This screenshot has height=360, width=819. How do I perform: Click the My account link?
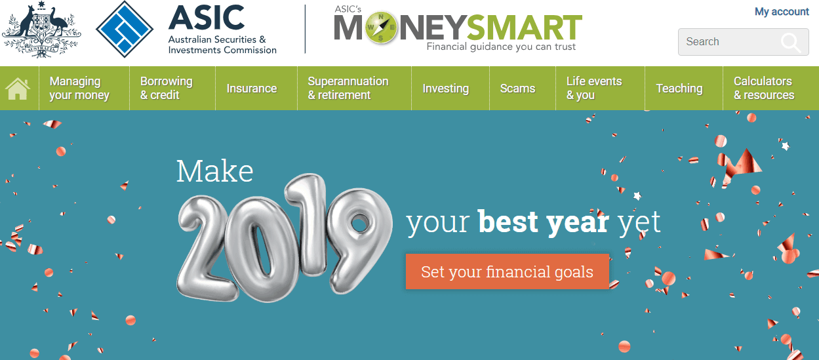click(x=782, y=12)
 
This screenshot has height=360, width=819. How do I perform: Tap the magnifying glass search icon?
click(x=791, y=43)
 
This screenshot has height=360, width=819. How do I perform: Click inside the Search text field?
click(x=728, y=42)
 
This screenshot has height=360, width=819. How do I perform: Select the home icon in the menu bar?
click(x=17, y=89)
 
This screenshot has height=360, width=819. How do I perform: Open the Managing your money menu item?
click(x=79, y=88)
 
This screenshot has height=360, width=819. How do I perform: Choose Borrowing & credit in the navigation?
click(x=167, y=88)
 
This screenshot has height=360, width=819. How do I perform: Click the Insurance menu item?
click(x=252, y=89)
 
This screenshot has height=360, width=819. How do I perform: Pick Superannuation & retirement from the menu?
click(x=348, y=88)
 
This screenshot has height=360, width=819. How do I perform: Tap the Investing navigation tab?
click(x=446, y=89)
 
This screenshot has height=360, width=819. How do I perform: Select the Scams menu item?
click(x=517, y=89)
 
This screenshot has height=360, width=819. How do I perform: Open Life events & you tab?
click(x=594, y=88)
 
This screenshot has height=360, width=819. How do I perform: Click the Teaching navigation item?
click(x=679, y=89)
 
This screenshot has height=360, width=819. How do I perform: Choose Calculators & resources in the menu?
click(x=764, y=88)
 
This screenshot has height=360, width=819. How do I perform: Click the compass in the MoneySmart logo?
click(x=381, y=28)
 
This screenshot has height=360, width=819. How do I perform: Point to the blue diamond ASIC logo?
click(x=125, y=30)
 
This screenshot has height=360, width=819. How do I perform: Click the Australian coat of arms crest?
click(x=41, y=30)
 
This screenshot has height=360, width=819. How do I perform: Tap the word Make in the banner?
click(x=214, y=170)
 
